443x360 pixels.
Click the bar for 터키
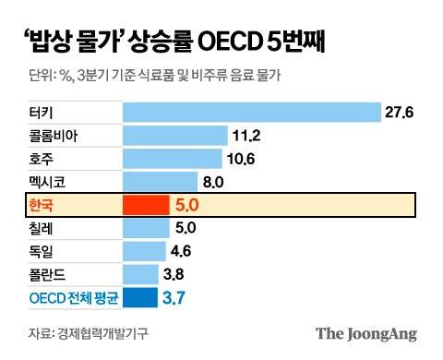tap(251, 112)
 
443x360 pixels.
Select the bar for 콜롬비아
tap(175, 135)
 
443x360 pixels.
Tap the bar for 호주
tap(173, 158)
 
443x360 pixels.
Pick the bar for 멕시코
tap(161, 181)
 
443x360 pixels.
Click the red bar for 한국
tap(146, 204)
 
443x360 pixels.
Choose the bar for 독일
tap(144, 250)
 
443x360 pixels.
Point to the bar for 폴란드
tap(140, 273)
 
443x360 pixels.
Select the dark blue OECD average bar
tap(140, 297)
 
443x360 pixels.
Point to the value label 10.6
tap(242, 158)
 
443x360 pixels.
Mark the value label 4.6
tap(182, 250)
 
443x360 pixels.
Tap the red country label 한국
tap(42, 204)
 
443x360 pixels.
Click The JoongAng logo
tap(366, 333)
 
